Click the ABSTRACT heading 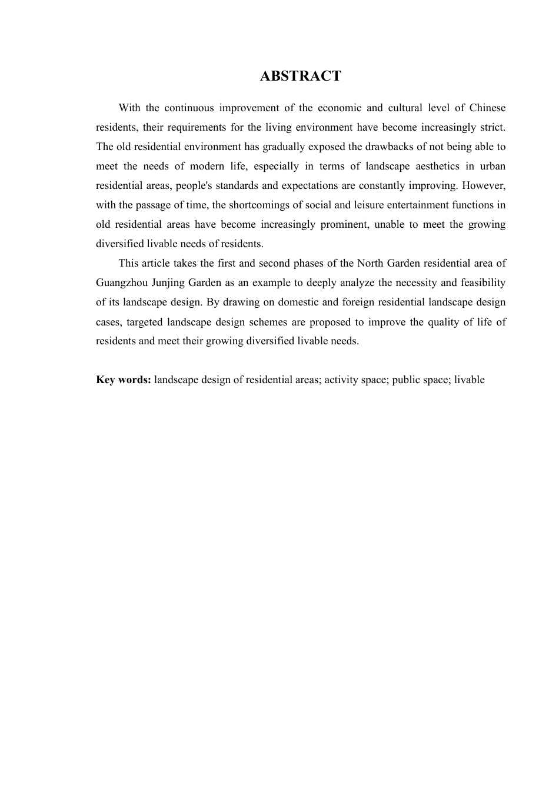coord(300,76)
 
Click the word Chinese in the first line coord(487,108)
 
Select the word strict coord(491,127)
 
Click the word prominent coord(344,224)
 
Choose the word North coord(370,263)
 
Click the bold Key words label coord(124,380)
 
